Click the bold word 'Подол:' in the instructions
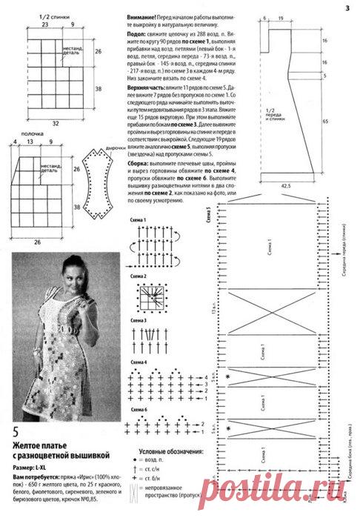(x=139, y=33)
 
